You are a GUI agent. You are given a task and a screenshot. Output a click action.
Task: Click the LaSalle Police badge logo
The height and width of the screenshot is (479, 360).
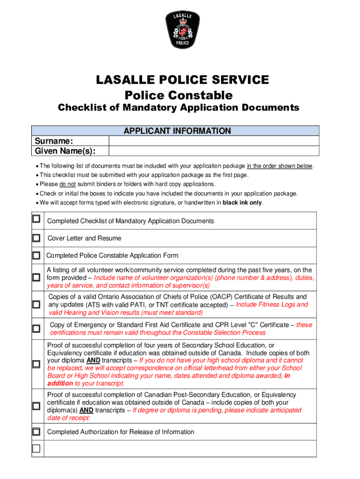[x=182, y=30]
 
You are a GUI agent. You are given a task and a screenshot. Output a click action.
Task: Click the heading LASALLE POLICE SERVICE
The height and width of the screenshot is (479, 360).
[x=182, y=80]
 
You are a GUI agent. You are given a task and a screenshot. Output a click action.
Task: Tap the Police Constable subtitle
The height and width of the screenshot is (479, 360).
[x=179, y=95]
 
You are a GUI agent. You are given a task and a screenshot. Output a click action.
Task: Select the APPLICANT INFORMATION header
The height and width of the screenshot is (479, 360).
[x=177, y=131]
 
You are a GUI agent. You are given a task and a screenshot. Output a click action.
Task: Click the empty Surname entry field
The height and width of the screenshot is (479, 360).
[x=214, y=141]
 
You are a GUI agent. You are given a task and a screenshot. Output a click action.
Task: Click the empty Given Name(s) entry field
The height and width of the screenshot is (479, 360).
[x=214, y=151]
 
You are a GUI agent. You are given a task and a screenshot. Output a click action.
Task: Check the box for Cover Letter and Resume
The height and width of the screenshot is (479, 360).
[x=36, y=238]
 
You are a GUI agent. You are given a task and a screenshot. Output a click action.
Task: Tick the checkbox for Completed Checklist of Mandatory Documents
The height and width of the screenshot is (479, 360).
[x=36, y=219]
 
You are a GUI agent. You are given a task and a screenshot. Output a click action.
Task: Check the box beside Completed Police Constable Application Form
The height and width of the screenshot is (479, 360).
[x=36, y=256]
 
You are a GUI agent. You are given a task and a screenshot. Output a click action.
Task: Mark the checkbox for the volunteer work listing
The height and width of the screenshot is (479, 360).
[x=36, y=277]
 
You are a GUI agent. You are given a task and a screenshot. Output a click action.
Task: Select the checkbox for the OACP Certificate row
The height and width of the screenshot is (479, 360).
[x=36, y=305]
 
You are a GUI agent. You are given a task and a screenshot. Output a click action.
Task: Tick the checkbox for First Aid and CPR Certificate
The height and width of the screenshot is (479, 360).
[x=36, y=329]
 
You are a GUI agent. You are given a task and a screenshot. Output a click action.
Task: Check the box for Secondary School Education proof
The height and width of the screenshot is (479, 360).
[x=36, y=364]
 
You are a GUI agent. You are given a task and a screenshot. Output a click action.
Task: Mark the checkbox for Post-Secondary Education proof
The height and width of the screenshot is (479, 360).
[x=36, y=406]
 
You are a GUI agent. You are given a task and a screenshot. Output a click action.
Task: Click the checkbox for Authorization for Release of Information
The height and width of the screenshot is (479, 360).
[x=36, y=431]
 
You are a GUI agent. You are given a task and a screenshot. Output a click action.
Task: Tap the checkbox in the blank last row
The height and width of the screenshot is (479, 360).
[x=36, y=449]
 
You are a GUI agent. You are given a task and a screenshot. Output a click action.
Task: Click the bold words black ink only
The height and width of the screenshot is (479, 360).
[x=243, y=203]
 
